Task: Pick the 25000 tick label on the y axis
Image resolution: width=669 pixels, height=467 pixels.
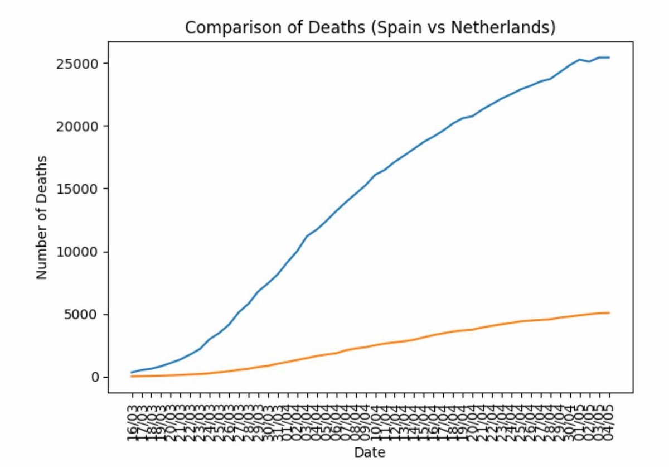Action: point(79,63)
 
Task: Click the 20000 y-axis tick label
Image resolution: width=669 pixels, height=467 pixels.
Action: point(79,126)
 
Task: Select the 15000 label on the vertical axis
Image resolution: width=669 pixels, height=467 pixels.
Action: point(79,189)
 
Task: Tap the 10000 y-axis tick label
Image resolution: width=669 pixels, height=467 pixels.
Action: point(79,252)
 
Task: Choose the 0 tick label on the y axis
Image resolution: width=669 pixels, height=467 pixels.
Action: point(95,377)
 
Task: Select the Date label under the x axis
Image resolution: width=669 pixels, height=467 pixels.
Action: point(370,452)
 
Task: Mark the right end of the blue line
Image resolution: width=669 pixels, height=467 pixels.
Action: point(609,57)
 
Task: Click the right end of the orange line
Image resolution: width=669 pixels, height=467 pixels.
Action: point(609,312)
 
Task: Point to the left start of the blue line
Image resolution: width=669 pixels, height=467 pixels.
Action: point(132,372)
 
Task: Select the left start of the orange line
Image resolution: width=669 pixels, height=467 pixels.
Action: point(132,377)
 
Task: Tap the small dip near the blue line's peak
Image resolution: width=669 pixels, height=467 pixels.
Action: point(589,61)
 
